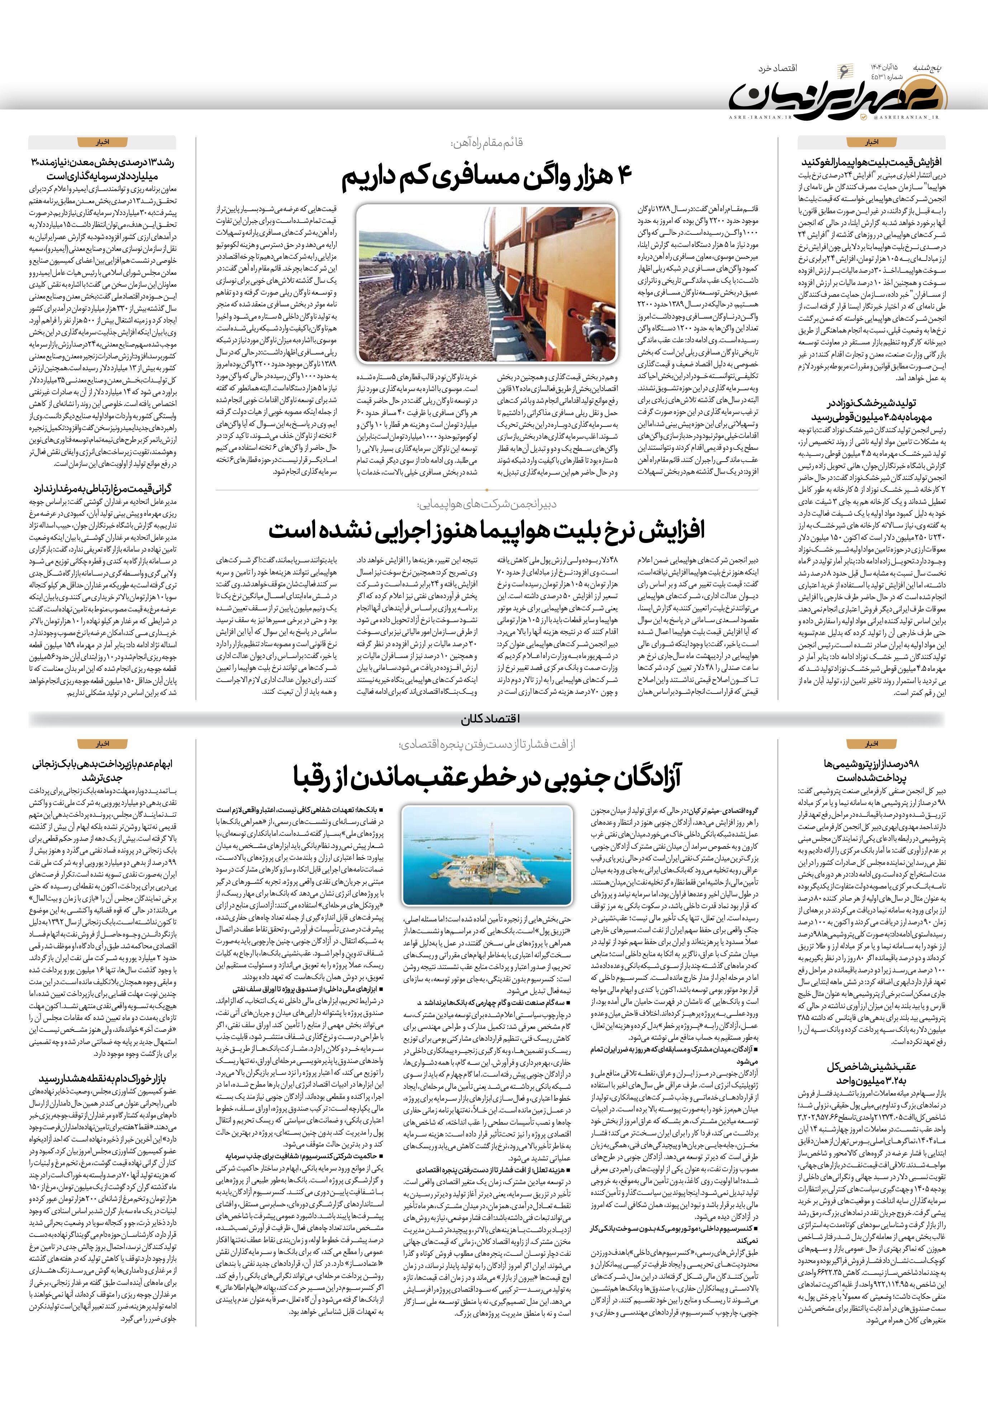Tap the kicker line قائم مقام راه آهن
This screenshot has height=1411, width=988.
(x=486, y=143)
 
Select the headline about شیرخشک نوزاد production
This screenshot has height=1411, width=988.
(x=872, y=410)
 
